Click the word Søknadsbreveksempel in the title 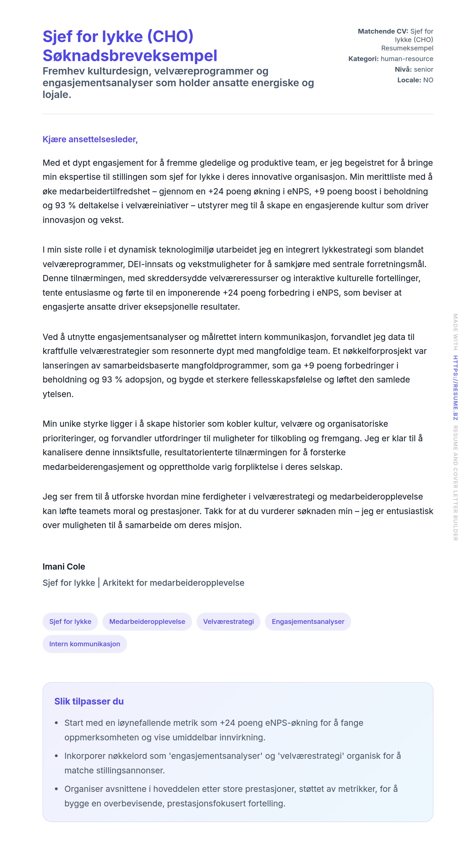(x=130, y=55)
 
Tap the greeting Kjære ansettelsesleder (x=90, y=139)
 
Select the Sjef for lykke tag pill (x=70, y=621)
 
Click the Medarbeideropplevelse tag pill (x=147, y=621)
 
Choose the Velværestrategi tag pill (x=228, y=621)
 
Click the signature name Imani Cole (x=64, y=566)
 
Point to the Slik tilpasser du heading (x=89, y=701)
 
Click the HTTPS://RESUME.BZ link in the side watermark (x=455, y=388)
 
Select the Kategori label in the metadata (x=363, y=59)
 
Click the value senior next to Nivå (x=423, y=69)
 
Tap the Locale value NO (x=428, y=80)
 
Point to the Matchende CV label (x=383, y=31)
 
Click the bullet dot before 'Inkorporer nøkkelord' (x=56, y=756)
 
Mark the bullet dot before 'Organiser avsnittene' (x=56, y=789)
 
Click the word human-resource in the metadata (x=407, y=59)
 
